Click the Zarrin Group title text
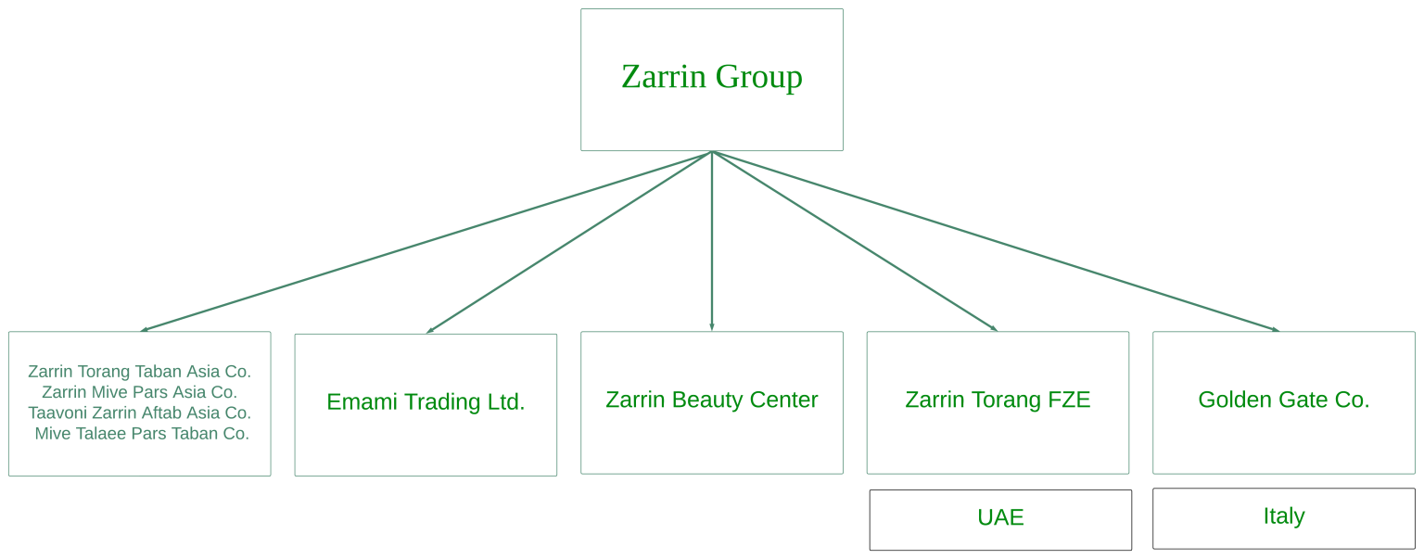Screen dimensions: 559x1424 711,77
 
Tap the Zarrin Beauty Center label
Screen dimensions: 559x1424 711,400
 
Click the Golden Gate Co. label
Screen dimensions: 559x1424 1283,400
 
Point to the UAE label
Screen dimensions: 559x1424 1000,517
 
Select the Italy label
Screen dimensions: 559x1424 1283,516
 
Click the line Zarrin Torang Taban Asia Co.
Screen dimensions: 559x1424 139,372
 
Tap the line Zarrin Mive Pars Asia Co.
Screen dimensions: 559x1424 139,392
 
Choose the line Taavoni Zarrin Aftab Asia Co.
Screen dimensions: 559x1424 139,413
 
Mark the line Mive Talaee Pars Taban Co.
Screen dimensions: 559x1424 142,433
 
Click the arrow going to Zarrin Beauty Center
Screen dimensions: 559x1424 711,241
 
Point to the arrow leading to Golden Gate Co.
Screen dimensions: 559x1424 997,241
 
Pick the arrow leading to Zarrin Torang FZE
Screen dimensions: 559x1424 854,241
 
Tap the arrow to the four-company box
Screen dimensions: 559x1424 426,241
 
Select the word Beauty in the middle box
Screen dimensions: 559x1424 711,400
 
